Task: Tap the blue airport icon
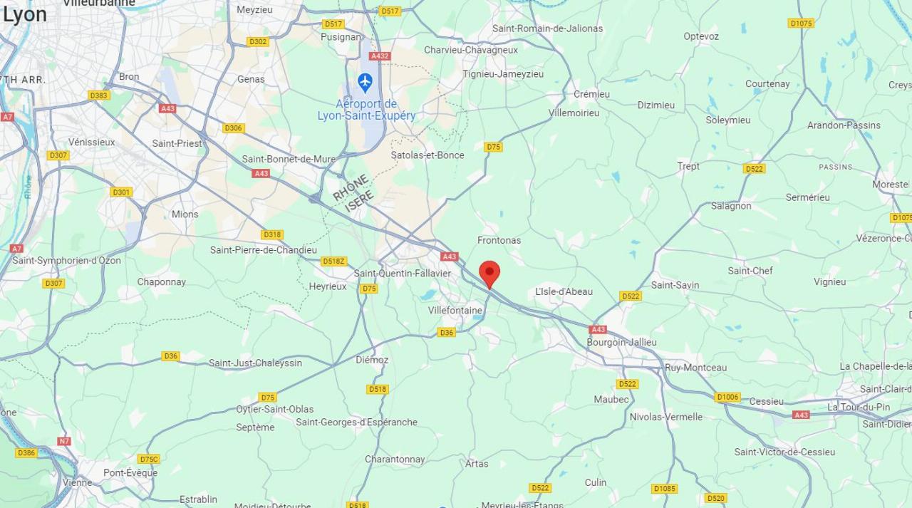pyautogui.click(x=366, y=82)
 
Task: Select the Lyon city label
pyautogui.click(x=24, y=14)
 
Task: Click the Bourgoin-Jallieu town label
pyautogui.click(x=621, y=342)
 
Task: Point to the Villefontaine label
pyautogui.click(x=455, y=310)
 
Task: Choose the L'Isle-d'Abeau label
pyautogui.click(x=564, y=291)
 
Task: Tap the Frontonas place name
pyautogui.click(x=499, y=240)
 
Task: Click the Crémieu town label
pyautogui.click(x=591, y=94)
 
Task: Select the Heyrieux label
pyautogui.click(x=328, y=286)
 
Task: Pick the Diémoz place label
pyautogui.click(x=372, y=360)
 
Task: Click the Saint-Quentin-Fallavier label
pyautogui.click(x=403, y=274)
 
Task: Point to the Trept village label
pyautogui.click(x=688, y=166)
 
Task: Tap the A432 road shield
pyautogui.click(x=380, y=56)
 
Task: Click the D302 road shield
pyautogui.click(x=258, y=41)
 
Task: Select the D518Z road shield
pyautogui.click(x=333, y=261)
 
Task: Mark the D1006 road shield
pyautogui.click(x=727, y=397)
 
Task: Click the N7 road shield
pyautogui.click(x=64, y=441)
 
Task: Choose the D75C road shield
pyautogui.click(x=149, y=459)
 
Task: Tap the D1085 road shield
pyautogui.click(x=664, y=489)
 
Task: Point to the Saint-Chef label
pyautogui.click(x=750, y=271)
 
